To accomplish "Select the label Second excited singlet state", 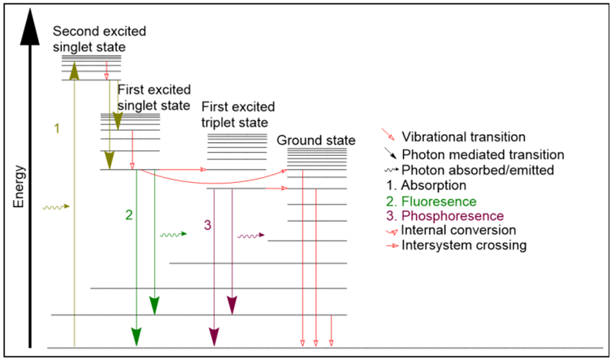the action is [99, 39].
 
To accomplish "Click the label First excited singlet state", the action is [154, 98].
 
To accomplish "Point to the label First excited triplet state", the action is [238, 115].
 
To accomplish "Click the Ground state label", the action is [316, 141].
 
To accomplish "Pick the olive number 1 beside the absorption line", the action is [57, 128].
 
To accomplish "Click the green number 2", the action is [129, 215].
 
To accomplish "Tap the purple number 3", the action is [207, 225].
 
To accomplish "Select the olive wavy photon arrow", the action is [56, 207].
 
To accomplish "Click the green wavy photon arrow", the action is [174, 235].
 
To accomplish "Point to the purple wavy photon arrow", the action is [251, 236].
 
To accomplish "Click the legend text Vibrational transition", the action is [464, 137].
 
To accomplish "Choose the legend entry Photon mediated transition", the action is [483, 154].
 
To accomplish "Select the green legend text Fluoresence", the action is [439, 202].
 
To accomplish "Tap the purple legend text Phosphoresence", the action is [453, 215].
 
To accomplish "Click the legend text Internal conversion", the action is [458, 230].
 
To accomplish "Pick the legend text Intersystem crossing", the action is [464, 245].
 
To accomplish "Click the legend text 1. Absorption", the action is [434, 184].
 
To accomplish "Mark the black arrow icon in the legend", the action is [390, 153].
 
